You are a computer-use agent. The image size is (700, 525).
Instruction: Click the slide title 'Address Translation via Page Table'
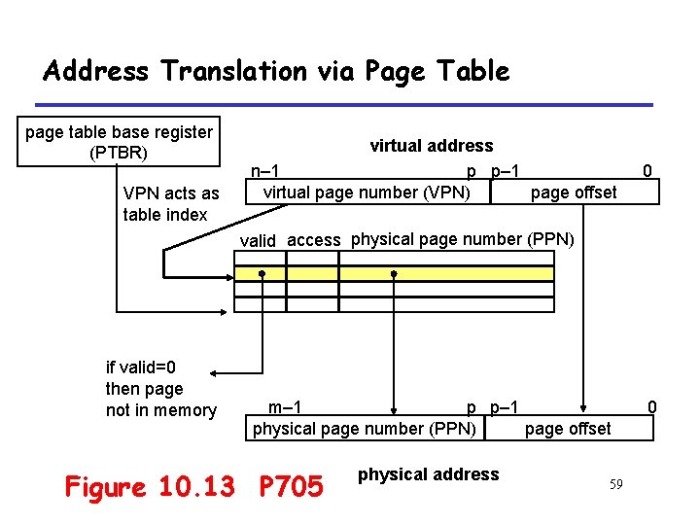tap(276, 71)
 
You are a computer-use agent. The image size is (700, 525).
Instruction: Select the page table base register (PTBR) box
tap(119, 142)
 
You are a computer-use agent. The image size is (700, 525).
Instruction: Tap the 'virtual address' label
tap(431, 146)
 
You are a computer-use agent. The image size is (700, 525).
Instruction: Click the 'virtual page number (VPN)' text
tap(367, 192)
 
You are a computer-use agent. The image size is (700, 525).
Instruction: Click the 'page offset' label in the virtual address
tap(574, 192)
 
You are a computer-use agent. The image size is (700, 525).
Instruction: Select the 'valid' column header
tap(258, 241)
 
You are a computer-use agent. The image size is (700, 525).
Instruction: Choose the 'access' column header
tap(314, 241)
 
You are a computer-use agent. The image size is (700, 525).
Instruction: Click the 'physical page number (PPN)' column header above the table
tap(463, 239)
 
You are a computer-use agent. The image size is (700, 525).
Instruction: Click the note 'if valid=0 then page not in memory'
tap(160, 389)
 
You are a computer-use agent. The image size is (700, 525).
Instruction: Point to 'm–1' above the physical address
tap(284, 407)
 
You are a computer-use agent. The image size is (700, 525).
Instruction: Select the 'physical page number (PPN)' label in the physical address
tap(365, 429)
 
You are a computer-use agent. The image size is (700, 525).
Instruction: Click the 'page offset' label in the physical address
tap(568, 429)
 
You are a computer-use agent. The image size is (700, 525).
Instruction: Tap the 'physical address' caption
tap(428, 474)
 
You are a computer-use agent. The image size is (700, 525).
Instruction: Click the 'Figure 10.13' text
tap(150, 486)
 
